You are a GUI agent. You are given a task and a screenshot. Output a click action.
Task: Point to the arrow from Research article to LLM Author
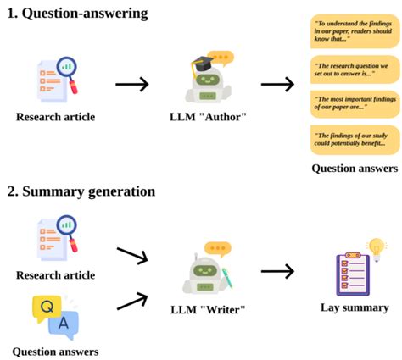[131, 84]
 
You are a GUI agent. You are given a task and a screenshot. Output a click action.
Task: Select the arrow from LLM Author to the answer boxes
[276, 84]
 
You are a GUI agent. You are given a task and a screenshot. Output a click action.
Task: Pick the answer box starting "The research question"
[354, 69]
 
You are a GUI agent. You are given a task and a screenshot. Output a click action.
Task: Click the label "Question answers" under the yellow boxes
[355, 168]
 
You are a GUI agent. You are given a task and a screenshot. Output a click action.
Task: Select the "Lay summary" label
[355, 307]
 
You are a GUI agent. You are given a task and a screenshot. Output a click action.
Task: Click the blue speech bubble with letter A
[64, 323]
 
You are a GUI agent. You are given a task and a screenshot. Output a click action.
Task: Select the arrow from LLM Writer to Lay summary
[276, 271]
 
